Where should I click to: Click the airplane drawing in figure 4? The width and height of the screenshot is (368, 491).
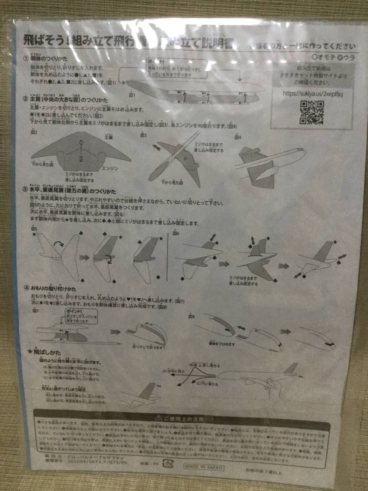tap(270, 164)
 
